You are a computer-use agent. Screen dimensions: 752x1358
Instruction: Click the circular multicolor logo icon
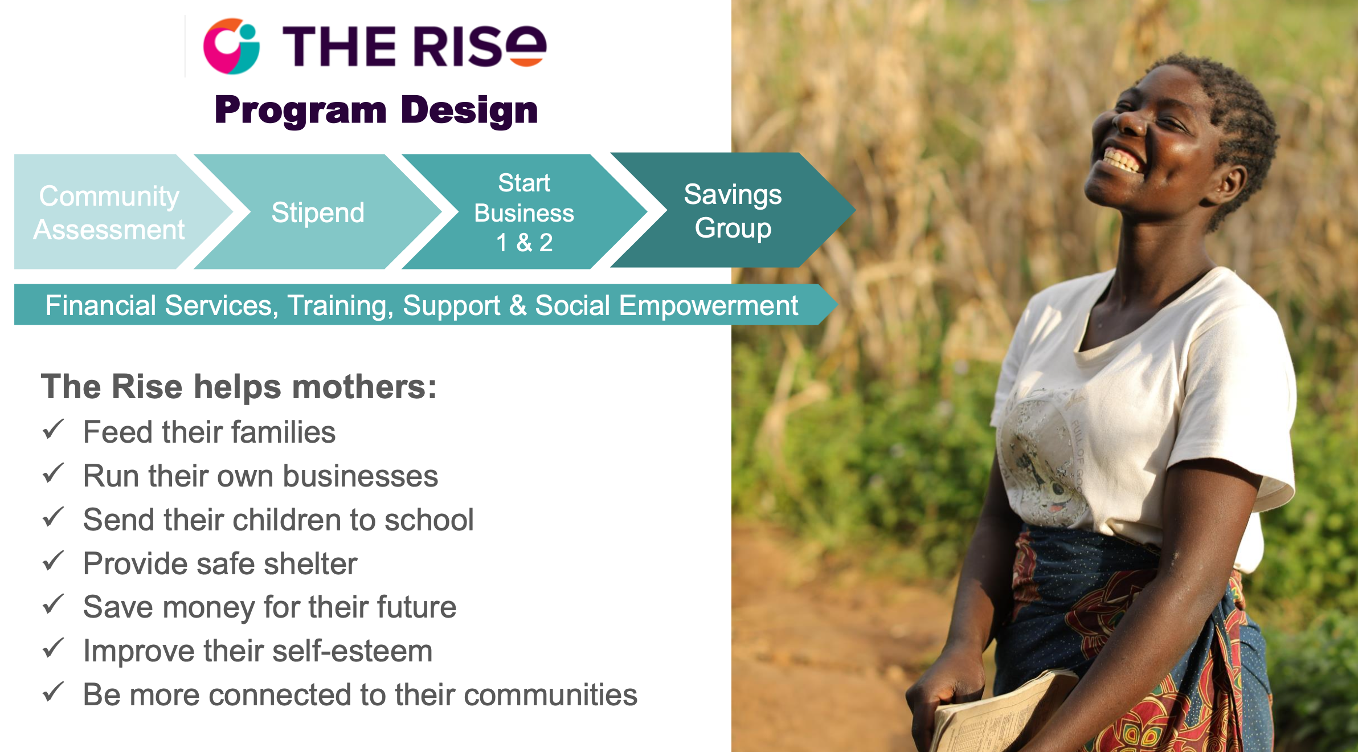point(231,46)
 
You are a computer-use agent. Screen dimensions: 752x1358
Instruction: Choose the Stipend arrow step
point(318,212)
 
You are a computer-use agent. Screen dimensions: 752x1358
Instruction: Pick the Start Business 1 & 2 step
point(524,212)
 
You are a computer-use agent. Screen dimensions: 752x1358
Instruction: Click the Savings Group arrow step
point(733,211)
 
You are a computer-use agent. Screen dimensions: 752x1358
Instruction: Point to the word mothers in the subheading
point(365,387)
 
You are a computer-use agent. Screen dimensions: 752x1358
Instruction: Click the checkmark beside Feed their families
point(53,430)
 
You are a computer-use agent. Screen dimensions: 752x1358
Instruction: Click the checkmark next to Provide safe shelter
point(53,561)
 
